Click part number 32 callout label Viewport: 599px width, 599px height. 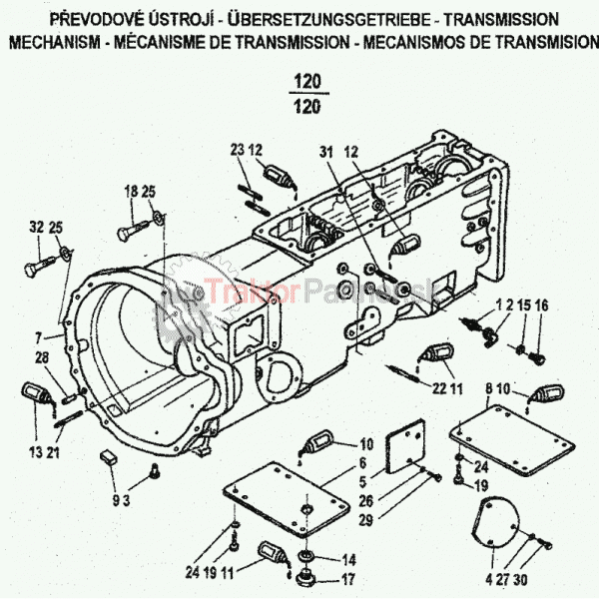pyautogui.click(x=36, y=227)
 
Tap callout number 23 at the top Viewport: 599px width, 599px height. pyautogui.click(x=237, y=150)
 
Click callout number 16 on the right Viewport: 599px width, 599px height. pyautogui.click(x=541, y=304)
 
